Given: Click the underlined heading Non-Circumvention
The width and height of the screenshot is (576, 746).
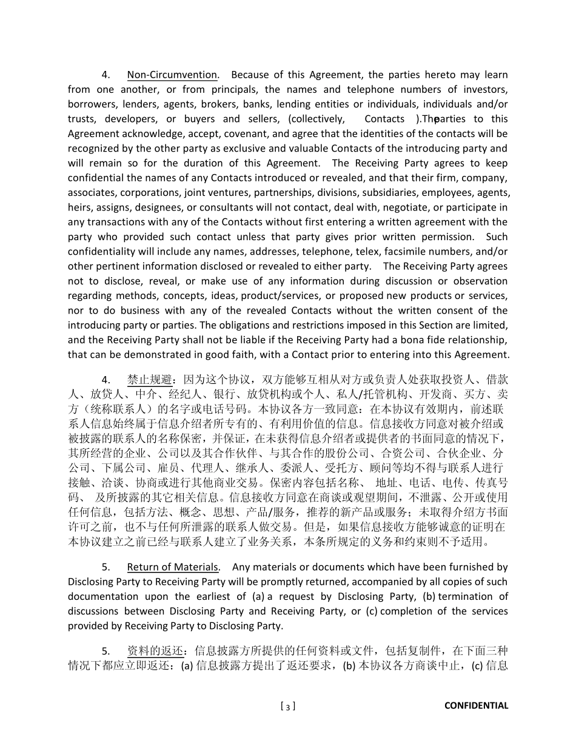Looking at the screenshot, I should pos(172,75).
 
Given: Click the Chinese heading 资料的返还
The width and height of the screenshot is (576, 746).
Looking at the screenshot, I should pos(155,651).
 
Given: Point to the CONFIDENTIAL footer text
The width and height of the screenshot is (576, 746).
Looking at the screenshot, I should pos(476,705).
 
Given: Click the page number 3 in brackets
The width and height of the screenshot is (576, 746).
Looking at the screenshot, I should pos(289,706).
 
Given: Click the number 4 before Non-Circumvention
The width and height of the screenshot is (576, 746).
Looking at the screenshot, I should pos(105,75).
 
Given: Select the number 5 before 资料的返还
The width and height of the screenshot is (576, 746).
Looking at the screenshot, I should pos(105,651).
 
